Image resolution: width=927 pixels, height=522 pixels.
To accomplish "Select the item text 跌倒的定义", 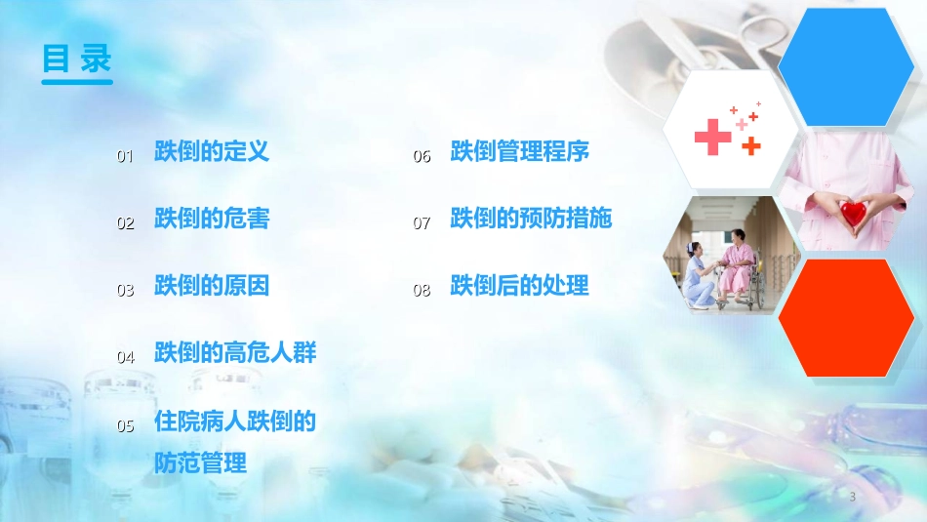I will click(x=211, y=151).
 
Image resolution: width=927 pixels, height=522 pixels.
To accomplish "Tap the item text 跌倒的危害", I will click(x=211, y=219).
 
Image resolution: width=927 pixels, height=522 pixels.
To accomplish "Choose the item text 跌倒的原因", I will click(x=211, y=286).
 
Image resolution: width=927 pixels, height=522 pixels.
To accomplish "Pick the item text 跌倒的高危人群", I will click(x=235, y=352).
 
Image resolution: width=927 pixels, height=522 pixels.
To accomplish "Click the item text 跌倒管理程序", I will click(x=519, y=152).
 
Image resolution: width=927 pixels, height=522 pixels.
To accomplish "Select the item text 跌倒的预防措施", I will click(x=531, y=219).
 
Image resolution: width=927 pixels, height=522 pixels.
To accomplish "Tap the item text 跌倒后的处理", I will click(x=519, y=286).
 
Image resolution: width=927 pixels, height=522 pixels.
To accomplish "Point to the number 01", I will click(x=125, y=156).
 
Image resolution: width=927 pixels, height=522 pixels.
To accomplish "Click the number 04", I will click(x=126, y=357).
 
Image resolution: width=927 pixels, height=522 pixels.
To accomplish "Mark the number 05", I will click(x=126, y=425).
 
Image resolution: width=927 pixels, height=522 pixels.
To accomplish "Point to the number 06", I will click(x=422, y=156).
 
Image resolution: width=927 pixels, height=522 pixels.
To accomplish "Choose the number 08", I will click(x=422, y=290).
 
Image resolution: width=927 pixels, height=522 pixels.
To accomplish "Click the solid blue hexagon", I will click(x=852, y=66).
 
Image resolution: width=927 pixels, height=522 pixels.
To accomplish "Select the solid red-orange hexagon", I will click(x=851, y=318).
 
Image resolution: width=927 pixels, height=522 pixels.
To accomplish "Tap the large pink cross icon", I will click(x=713, y=137).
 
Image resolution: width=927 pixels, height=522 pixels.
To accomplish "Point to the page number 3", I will click(x=852, y=497).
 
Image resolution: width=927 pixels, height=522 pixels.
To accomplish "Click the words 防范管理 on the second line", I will click(x=200, y=463).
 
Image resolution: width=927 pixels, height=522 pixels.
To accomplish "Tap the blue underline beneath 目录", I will click(x=77, y=81).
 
